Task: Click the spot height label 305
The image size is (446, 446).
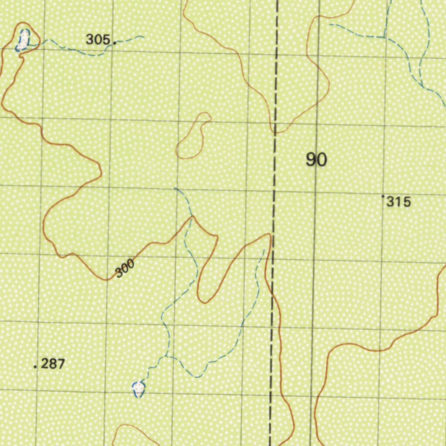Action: (98, 40)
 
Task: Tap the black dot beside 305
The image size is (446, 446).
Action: (115, 43)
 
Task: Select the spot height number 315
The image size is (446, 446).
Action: (399, 202)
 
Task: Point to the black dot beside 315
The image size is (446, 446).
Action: (383, 196)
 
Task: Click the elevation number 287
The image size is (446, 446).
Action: (53, 364)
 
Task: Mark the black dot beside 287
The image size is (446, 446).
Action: (35, 367)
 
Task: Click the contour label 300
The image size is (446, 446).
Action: (125, 268)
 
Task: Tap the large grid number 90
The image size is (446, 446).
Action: (316, 160)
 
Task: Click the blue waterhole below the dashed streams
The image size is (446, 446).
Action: (139, 388)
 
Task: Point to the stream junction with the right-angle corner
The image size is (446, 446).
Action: (384, 37)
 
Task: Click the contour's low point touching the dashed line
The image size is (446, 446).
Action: (275, 131)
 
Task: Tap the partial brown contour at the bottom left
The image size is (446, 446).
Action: (131, 431)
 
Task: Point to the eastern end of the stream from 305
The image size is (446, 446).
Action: (143, 37)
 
